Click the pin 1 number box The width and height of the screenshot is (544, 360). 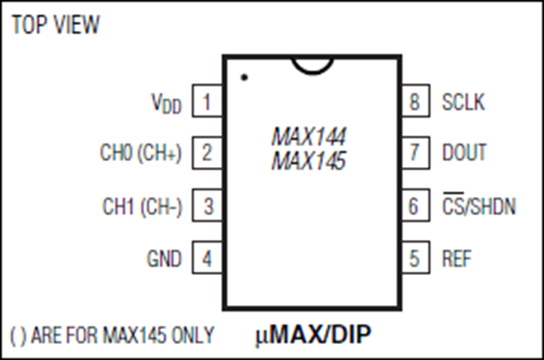tap(207, 102)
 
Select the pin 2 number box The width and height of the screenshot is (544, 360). tap(207, 153)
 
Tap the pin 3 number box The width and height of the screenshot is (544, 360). tap(207, 207)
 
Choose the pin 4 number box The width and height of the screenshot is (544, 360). tap(207, 258)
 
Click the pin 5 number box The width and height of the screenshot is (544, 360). tap(414, 258)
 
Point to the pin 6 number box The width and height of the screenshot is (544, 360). tap(414, 207)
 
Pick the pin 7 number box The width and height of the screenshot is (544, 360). tap(414, 153)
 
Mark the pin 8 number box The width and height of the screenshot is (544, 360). tap(414, 102)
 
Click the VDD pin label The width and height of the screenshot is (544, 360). tap(166, 104)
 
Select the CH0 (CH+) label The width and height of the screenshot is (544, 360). tap(141, 153)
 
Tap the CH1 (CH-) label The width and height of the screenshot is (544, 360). tap(142, 207)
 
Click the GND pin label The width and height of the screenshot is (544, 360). tap(164, 258)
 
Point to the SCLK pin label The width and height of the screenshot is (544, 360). tap(463, 102)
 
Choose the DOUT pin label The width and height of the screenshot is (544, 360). tap(464, 153)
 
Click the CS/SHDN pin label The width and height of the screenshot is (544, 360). tap(479, 207)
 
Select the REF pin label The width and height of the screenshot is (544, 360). tap(458, 258)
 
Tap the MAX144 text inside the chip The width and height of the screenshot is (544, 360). tap(309, 137)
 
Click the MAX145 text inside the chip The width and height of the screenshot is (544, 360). tap(309, 162)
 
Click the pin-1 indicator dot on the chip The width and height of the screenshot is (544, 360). tap(244, 76)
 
